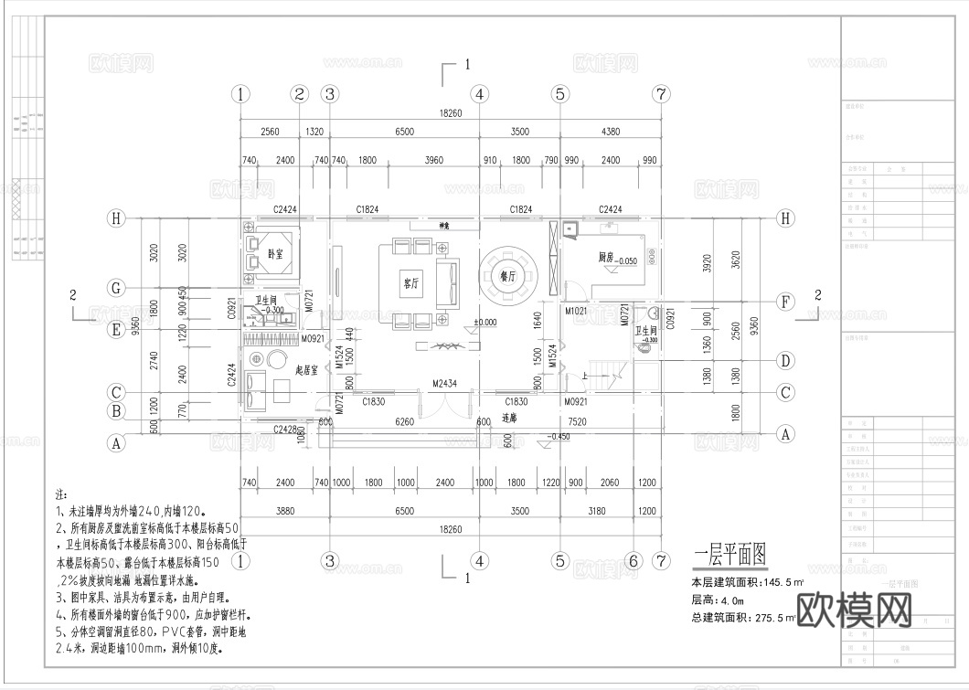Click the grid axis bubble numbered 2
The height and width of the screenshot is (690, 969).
(299, 93)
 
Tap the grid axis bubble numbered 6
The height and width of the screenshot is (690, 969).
(632, 559)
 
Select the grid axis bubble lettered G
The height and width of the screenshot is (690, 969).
(116, 289)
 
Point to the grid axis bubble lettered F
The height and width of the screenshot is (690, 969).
(784, 301)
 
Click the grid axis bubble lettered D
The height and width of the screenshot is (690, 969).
(784, 360)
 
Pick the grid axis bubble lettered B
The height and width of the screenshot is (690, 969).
(116, 411)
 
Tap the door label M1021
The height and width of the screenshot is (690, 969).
(576, 311)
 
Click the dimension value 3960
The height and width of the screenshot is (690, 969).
(433, 161)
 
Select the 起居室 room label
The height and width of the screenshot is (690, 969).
(306, 370)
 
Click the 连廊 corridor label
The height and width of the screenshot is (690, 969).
(510, 419)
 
